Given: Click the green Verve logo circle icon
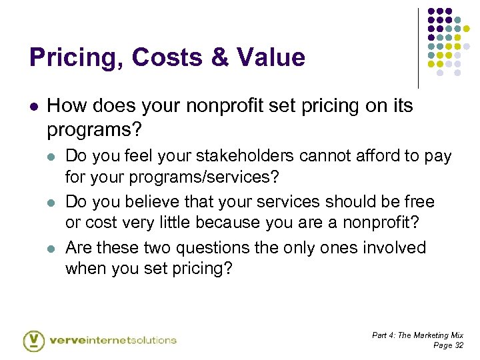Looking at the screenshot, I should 34,340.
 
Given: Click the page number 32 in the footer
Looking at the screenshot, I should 458,345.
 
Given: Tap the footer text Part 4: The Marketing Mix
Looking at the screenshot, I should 417,335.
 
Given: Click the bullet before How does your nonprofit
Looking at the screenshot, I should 33,106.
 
